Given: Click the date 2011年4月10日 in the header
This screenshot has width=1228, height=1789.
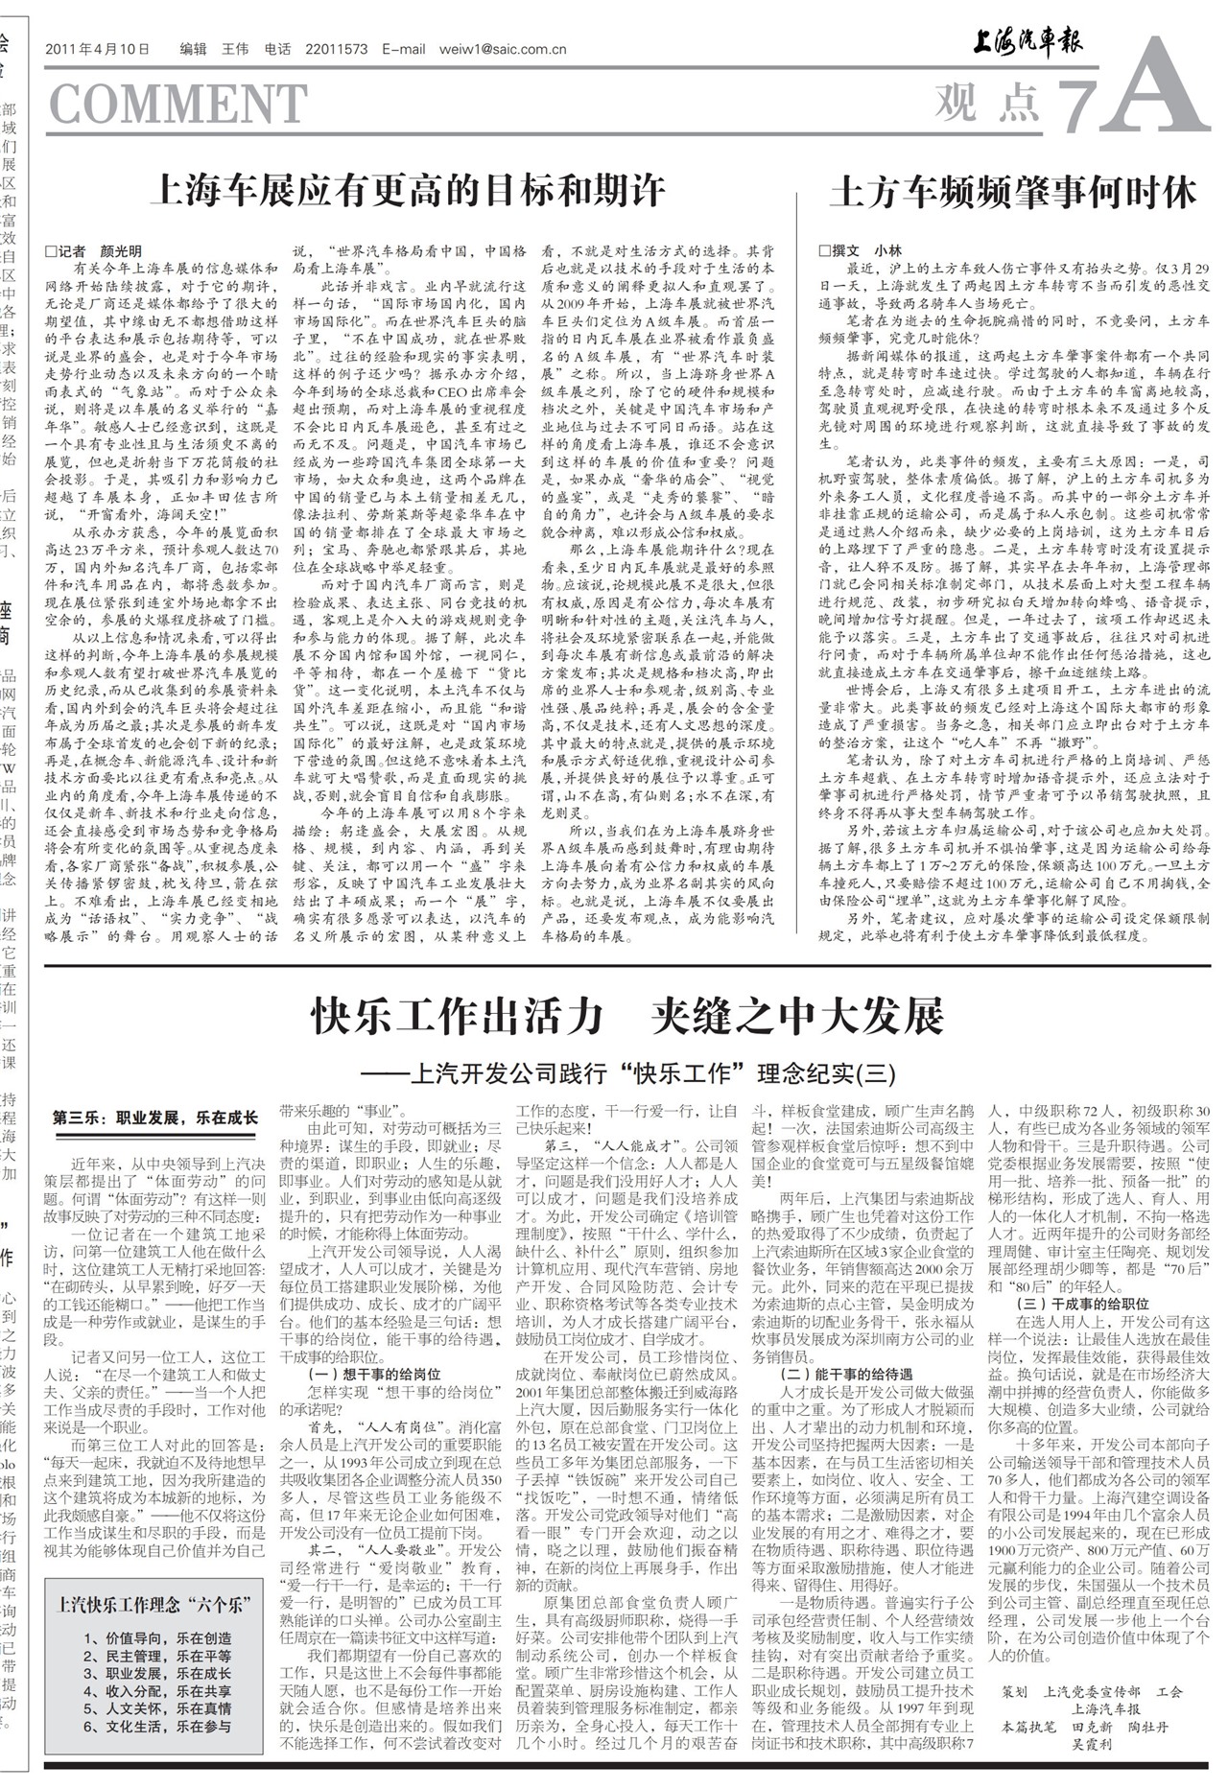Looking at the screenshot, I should point(98,50).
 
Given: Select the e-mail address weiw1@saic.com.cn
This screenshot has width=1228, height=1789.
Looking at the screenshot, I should point(502,50).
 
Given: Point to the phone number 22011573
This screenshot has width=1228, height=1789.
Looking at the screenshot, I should point(336,50).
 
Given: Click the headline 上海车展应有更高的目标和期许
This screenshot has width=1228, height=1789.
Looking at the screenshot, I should point(408,191).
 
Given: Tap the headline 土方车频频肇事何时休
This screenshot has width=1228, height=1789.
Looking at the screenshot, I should point(1013,193).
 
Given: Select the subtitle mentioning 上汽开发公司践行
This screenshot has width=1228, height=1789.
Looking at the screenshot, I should point(628,1071).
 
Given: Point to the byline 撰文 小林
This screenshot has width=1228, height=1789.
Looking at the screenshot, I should point(861,250).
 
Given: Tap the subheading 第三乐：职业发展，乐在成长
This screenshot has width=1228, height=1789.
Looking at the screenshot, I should point(155,1118).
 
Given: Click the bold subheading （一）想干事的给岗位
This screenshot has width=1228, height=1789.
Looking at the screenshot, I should point(360,1374).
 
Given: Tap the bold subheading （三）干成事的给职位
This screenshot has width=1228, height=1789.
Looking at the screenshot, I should point(1082,1304).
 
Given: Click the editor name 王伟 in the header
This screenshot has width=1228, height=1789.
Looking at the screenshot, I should point(235,50).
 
